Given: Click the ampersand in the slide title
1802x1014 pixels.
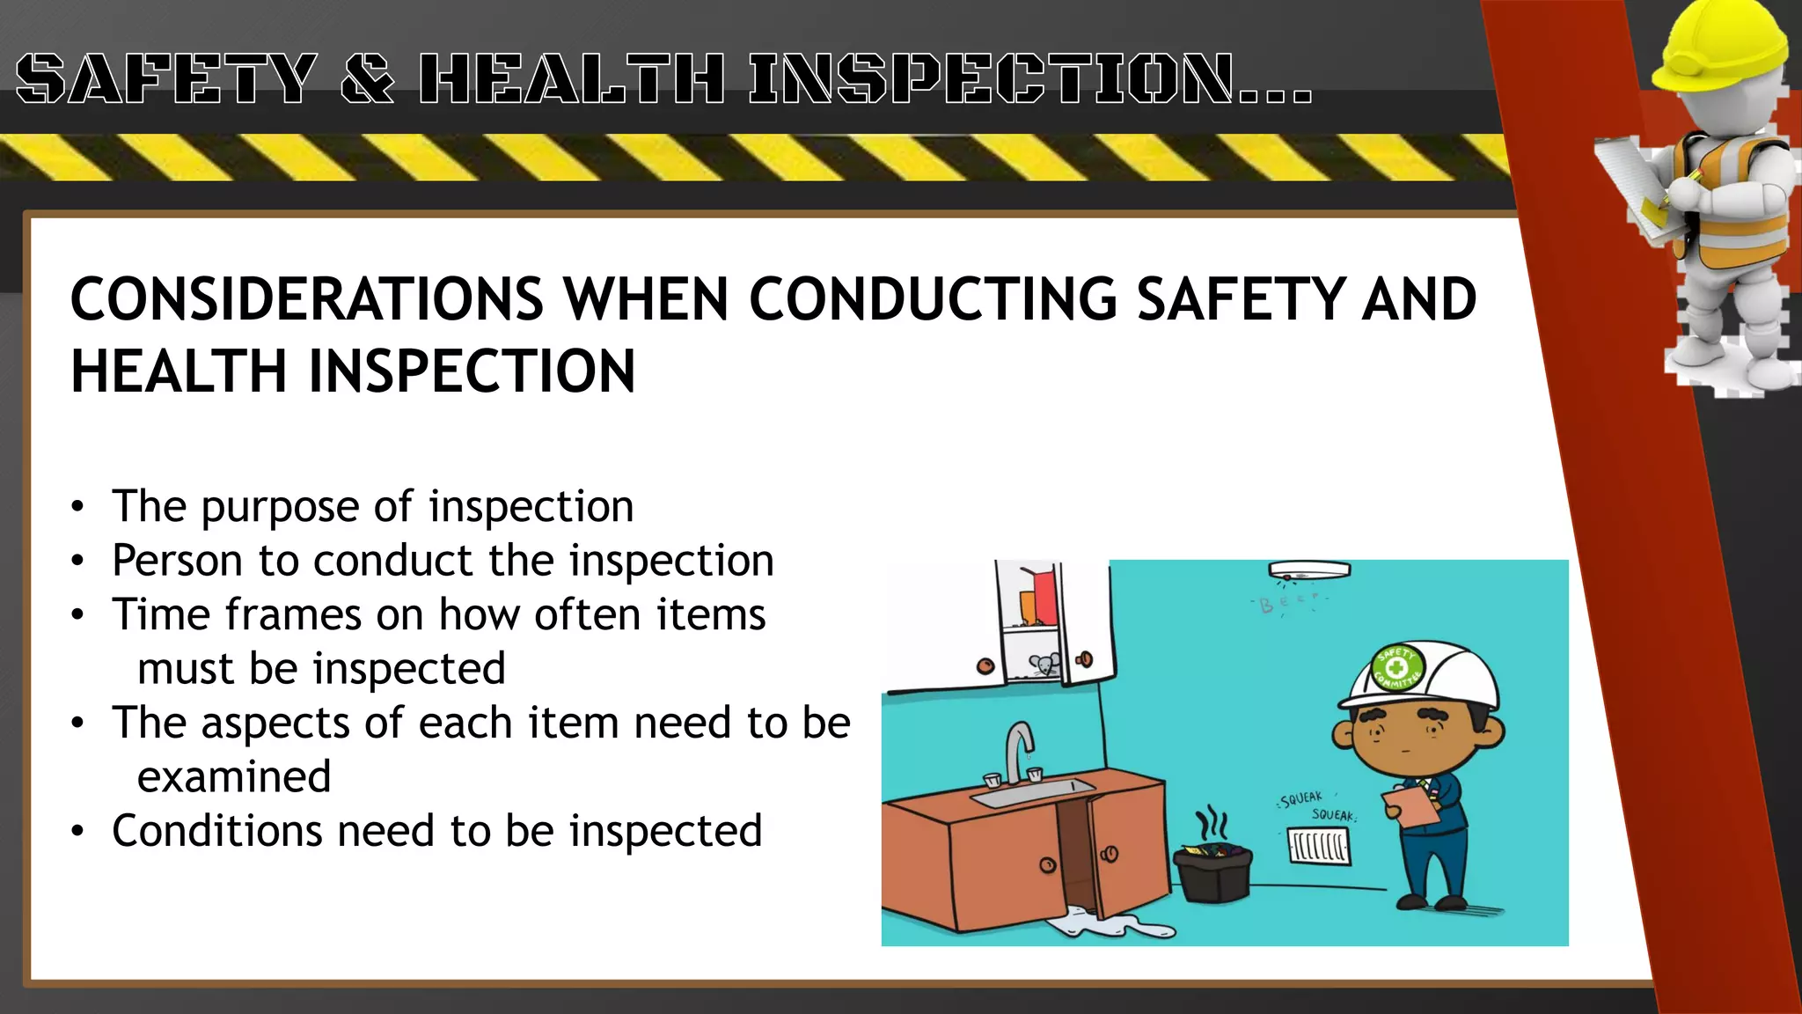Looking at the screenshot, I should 367,78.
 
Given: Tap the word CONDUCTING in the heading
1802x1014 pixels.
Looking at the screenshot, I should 933,299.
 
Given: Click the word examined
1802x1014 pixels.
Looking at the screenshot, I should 234,776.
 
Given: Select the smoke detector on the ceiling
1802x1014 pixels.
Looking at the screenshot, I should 1308,571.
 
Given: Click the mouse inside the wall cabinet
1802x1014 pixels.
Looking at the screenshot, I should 1045,665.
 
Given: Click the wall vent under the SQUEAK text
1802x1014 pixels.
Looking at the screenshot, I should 1319,847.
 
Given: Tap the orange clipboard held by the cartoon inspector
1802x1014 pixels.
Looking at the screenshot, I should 1409,806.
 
